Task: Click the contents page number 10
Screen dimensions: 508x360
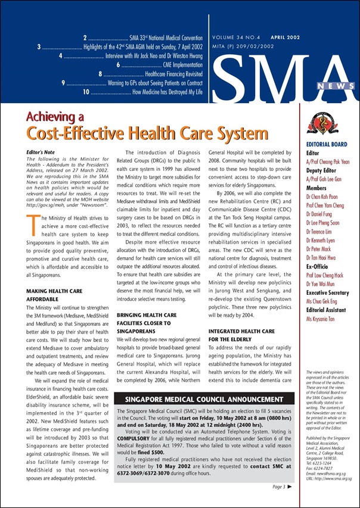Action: (x=86, y=92)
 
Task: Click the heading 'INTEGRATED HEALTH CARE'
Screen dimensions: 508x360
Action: (x=241, y=331)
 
